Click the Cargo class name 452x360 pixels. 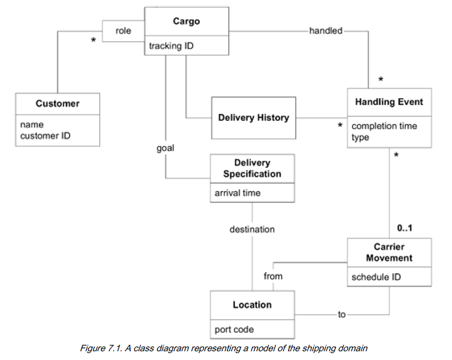[186, 21]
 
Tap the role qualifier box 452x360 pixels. [123, 31]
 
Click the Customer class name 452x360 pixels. [57, 103]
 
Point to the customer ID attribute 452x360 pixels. [45, 136]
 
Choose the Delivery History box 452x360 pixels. [253, 118]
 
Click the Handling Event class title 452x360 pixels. [388, 102]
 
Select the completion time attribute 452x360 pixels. [384, 126]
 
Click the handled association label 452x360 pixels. [325, 31]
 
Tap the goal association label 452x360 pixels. [165, 148]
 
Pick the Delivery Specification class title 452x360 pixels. [252, 168]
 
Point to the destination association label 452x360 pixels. [252, 229]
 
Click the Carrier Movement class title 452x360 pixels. [388, 252]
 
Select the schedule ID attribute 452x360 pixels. [376, 277]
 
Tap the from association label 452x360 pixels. [273, 276]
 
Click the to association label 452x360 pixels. [341, 315]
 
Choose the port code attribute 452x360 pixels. [234, 329]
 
